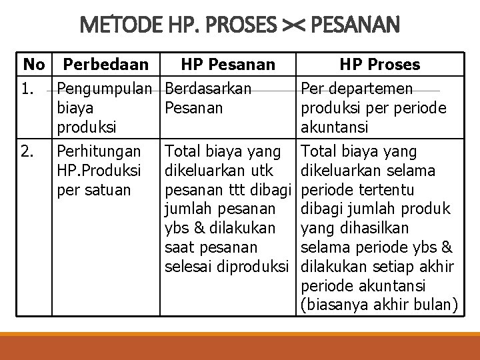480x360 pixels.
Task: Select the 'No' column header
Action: pyautogui.click(x=34, y=65)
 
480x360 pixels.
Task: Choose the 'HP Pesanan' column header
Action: pyautogui.click(x=228, y=65)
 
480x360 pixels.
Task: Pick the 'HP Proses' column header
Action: pyautogui.click(x=379, y=65)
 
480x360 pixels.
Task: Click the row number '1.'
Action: pyautogui.click(x=29, y=89)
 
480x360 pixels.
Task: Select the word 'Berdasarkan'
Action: pyautogui.click(x=208, y=89)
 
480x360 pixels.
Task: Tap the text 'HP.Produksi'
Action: pyautogui.click(x=99, y=171)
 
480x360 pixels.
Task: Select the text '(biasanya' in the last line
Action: pyautogui.click(x=333, y=305)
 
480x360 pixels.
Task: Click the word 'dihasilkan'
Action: pyautogui.click(x=371, y=228)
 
